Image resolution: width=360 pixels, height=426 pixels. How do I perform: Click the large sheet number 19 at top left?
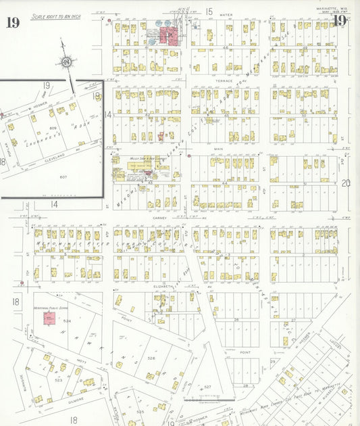point(12,22)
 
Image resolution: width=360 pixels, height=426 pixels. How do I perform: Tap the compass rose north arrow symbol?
point(67,63)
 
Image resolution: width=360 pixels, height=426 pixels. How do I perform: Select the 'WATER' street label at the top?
point(226,14)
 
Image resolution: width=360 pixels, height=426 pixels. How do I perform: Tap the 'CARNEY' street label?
point(159,219)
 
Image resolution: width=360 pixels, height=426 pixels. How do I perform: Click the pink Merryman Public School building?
point(49,318)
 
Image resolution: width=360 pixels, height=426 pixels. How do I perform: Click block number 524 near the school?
point(67,321)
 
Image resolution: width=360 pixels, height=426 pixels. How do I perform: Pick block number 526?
point(151,358)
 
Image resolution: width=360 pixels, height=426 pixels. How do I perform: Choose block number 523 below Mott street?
point(59,380)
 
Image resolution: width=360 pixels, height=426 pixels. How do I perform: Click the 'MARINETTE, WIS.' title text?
point(332,9)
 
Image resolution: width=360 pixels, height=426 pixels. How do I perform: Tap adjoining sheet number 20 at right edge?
point(346,183)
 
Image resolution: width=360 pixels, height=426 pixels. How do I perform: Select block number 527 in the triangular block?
point(208,387)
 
